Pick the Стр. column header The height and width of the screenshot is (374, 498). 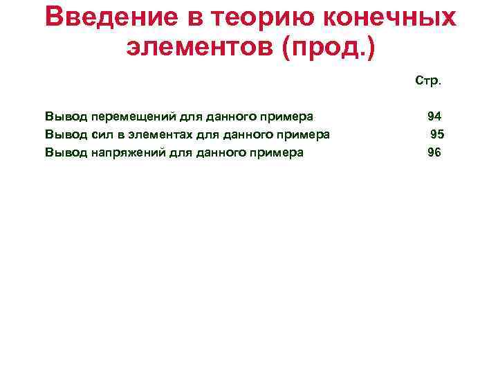(x=428, y=81)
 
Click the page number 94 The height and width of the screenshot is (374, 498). (x=434, y=116)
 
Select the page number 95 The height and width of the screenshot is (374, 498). (x=437, y=134)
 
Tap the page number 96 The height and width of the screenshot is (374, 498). (x=434, y=153)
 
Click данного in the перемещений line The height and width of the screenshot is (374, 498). (x=235, y=116)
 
